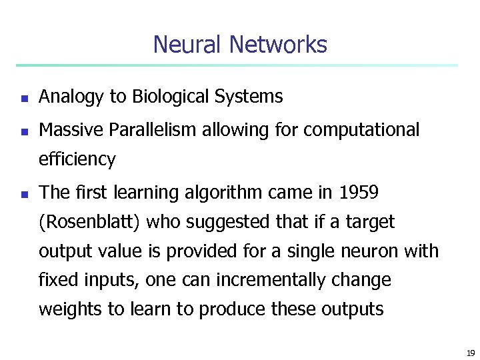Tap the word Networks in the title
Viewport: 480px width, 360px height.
pos(278,45)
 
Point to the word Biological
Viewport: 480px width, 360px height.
pos(171,97)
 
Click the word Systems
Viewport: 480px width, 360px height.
pos(249,97)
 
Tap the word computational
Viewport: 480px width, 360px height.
pos(361,130)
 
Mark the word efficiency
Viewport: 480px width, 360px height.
pos(77,160)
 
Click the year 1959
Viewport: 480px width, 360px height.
pos(359,193)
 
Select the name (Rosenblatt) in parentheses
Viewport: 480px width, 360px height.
pos(89,222)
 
